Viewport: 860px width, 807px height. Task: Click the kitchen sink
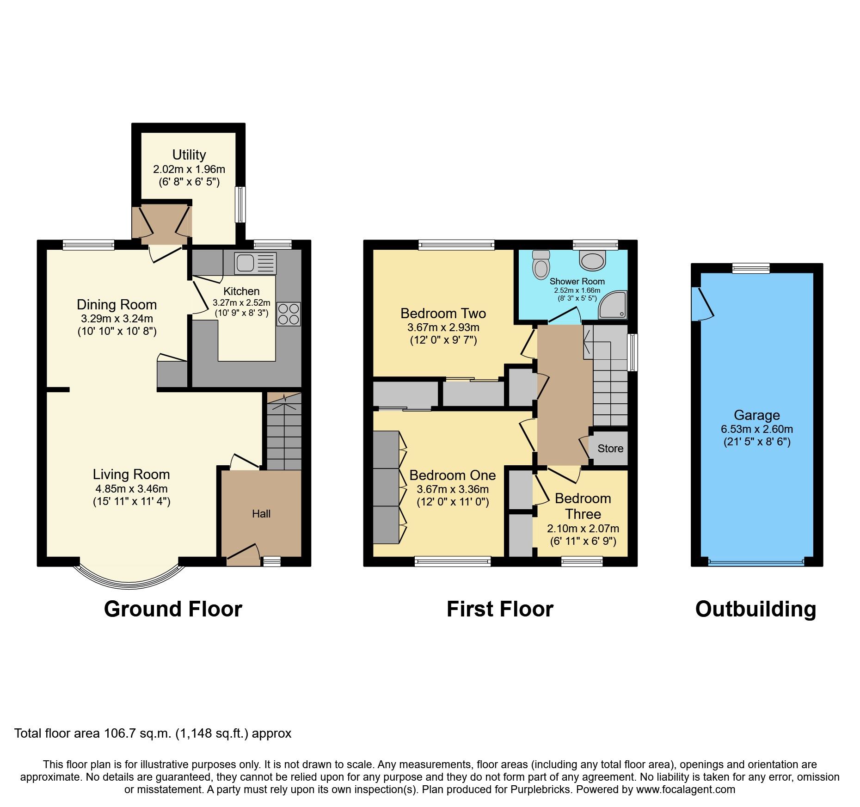click(255, 263)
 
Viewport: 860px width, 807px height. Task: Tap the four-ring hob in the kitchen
click(289, 314)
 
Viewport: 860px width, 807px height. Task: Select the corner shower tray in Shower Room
click(613, 305)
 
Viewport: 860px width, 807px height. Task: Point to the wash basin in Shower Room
click(592, 261)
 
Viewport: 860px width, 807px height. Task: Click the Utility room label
click(189, 154)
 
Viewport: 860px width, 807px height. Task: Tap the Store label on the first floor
click(610, 448)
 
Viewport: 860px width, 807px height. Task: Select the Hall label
click(261, 513)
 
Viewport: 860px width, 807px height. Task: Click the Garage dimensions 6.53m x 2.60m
click(757, 429)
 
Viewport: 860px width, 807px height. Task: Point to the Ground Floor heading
click(173, 609)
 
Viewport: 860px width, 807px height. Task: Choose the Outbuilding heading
click(756, 609)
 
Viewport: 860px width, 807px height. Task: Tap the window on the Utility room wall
click(240, 204)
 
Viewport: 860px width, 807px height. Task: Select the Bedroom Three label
click(583, 506)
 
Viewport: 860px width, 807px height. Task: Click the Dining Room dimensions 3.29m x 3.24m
click(117, 318)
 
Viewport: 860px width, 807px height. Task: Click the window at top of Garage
click(751, 268)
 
